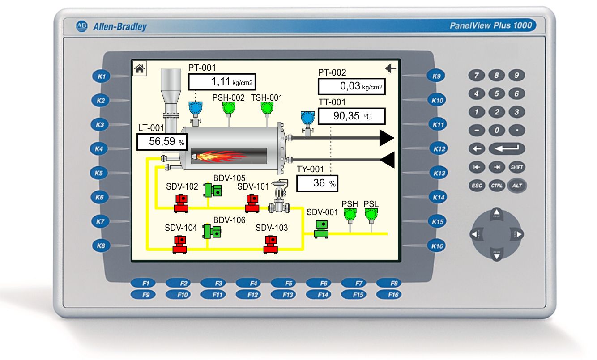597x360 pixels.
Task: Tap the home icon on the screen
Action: pyautogui.click(x=139, y=69)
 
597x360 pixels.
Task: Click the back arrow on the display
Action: pyautogui.click(x=391, y=68)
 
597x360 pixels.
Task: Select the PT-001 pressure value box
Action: pyautogui.click(x=222, y=82)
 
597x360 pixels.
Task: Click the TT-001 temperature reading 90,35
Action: pyautogui.click(x=346, y=116)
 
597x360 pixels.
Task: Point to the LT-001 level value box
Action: pyautogui.click(x=162, y=142)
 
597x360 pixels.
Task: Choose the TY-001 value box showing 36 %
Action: pyautogui.click(x=317, y=183)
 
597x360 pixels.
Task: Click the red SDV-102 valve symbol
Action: pyautogui.click(x=181, y=203)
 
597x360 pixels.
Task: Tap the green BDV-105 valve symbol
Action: pyautogui.click(x=213, y=190)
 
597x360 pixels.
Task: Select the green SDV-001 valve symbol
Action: pyautogui.click(x=321, y=229)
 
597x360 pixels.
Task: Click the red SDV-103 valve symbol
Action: pyautogui.click(x=270, y=245)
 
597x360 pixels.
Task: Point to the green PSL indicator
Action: pyautogui.click(x=371, y=215)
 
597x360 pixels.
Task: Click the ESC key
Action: pyautogui.click(x=477, y=186)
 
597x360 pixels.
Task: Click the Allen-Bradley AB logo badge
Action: pyautogui.click(x=81, y=26)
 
